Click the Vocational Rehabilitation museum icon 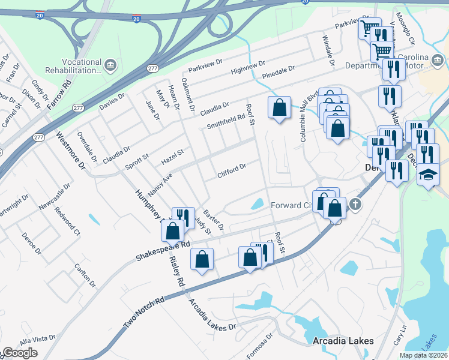(110, 65)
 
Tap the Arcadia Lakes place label (343, 341)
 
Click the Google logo (20, 352)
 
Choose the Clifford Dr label (232, 171)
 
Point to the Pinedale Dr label (279, 73)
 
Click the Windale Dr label (328, 50)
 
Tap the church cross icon (355, 205)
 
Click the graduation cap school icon (428, 174)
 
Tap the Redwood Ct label (67, 220)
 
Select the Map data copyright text (423, 355)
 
